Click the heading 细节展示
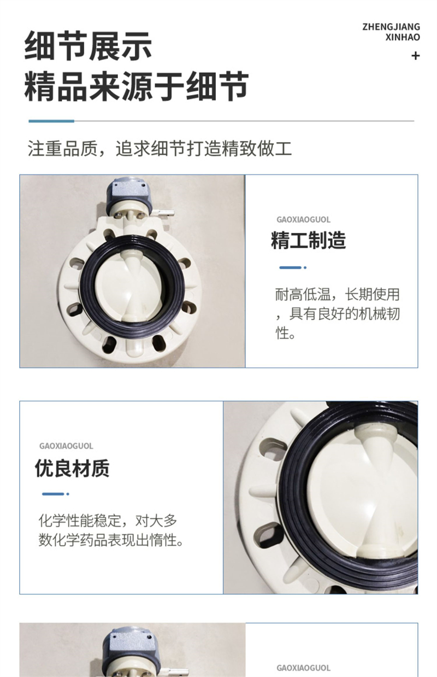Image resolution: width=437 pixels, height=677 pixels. point(88,46)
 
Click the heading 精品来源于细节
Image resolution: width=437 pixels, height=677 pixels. point(137,86)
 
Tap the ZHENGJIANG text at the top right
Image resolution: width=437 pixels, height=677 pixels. point(391,27)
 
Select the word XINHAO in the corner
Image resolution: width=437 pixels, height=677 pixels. point(403,38)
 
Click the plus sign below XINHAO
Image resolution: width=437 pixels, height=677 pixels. point(416,56)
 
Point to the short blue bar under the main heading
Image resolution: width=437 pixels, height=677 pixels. point(51,121)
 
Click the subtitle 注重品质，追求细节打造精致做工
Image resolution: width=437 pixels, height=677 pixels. point(160,148)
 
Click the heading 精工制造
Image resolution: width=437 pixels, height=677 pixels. point(308,240)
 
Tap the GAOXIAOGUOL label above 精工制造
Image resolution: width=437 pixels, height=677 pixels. point(303,219)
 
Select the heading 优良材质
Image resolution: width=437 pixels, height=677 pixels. point(72,468)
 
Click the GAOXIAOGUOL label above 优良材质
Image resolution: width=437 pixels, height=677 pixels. point(66,446)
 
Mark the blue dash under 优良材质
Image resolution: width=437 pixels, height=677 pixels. point(56,494)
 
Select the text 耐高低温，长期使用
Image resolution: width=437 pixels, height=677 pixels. point(338,294)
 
